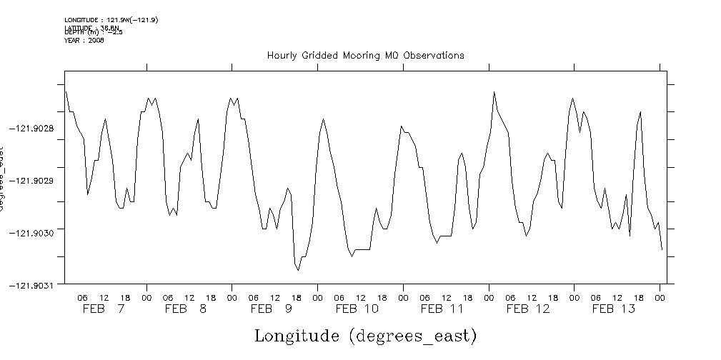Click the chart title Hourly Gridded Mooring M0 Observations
pyautogui.click(x=365, y=55)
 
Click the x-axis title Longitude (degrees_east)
pyautogui.click(x=365, y=335)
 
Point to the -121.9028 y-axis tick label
pyautogui.click(x=35, y=128)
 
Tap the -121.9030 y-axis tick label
pyautogui.click(x=35, y=232)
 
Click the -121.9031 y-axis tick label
pyautogui.click(x=35, y=285)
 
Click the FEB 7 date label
pyautogui.click(x=104, y=309)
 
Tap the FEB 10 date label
pyautogui.click(x=357, y=309)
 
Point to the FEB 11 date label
pyautogui.click(x=442, y=309)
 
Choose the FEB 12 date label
pyautogui.click(x=528, y=309)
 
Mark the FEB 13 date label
pyautogui.click(x=613, y=309)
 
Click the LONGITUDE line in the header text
pyautogui.click(x=111, y=20)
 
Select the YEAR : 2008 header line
pyautogui.click(x=84, y=41)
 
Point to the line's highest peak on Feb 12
pyautogui.click(x=494, y=92)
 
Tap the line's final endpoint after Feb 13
pyautogui.click(x=662, y=249)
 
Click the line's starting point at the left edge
pyautogui.click(x=65, y=91)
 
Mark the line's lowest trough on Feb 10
pyautogui.click(x=352, y=256)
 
